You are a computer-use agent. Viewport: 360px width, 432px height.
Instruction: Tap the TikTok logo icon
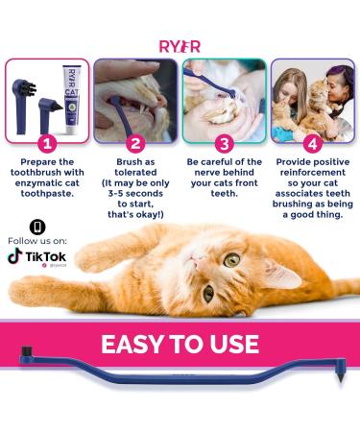click(x=14, y=256)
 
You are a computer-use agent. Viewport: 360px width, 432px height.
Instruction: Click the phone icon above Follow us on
click(x=36, y=227)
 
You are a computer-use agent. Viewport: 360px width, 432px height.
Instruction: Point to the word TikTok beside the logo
click(x=45, y=255)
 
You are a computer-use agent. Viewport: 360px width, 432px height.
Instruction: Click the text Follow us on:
click(x=36, y=240)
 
